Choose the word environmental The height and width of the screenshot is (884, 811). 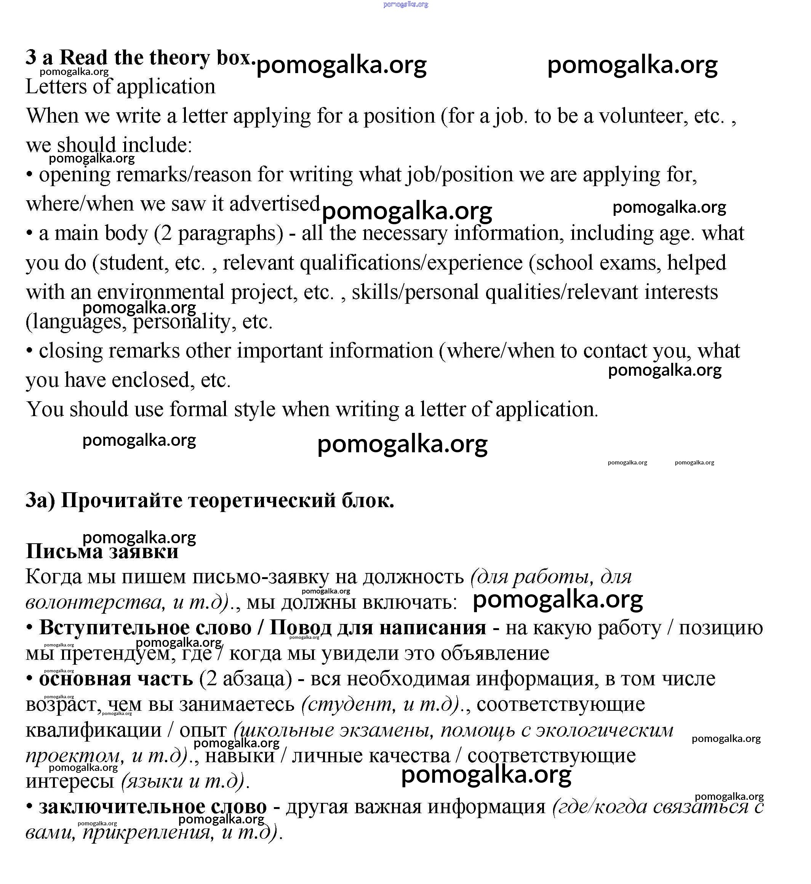pos(161,292)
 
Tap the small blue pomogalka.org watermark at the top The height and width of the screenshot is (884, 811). pos(405,5)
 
